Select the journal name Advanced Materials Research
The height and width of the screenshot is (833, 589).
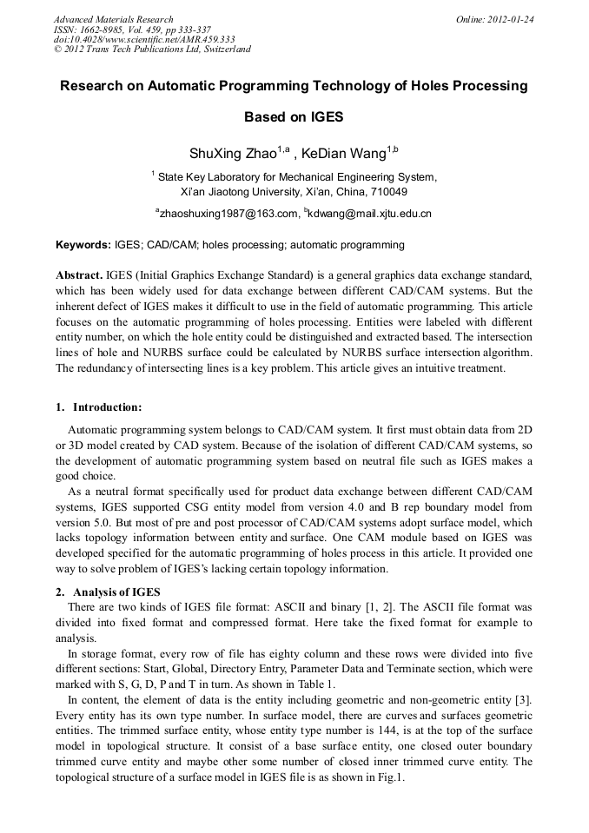tap(114, 19)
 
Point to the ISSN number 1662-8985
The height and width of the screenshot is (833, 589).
tap(104, 30)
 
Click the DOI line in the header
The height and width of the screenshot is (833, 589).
tap(144, 39)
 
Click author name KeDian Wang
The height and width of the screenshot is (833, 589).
tap(344, 155)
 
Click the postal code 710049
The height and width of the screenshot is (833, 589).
tap(387, 191)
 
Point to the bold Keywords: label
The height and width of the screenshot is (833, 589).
tap(83, 245)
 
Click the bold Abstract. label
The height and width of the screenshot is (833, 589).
tap(80, 274)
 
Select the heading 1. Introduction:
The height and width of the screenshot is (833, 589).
tap(98, 407)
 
